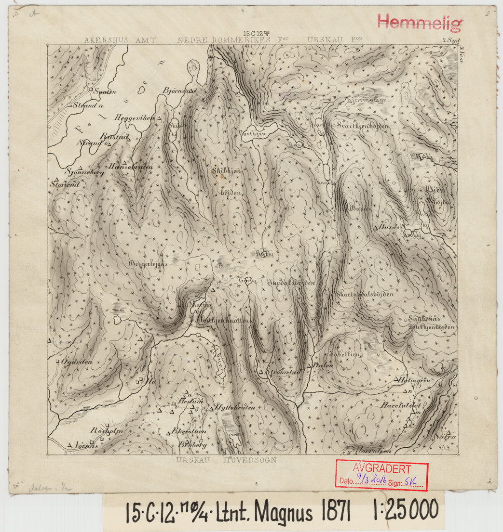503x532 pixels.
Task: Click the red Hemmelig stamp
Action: pos(420,22)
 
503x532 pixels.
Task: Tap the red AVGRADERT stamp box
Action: pos(381,475)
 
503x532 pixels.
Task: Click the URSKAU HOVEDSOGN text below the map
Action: pos(226,460)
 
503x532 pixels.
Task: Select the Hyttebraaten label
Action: pos(236,407)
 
